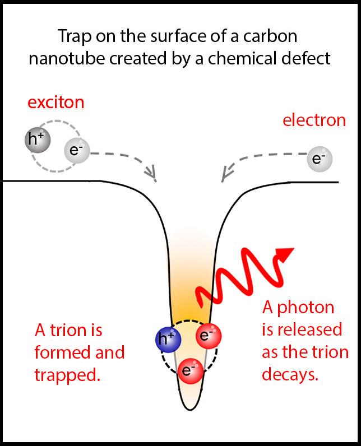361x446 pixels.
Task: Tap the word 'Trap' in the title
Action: click(x=73, y=38)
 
